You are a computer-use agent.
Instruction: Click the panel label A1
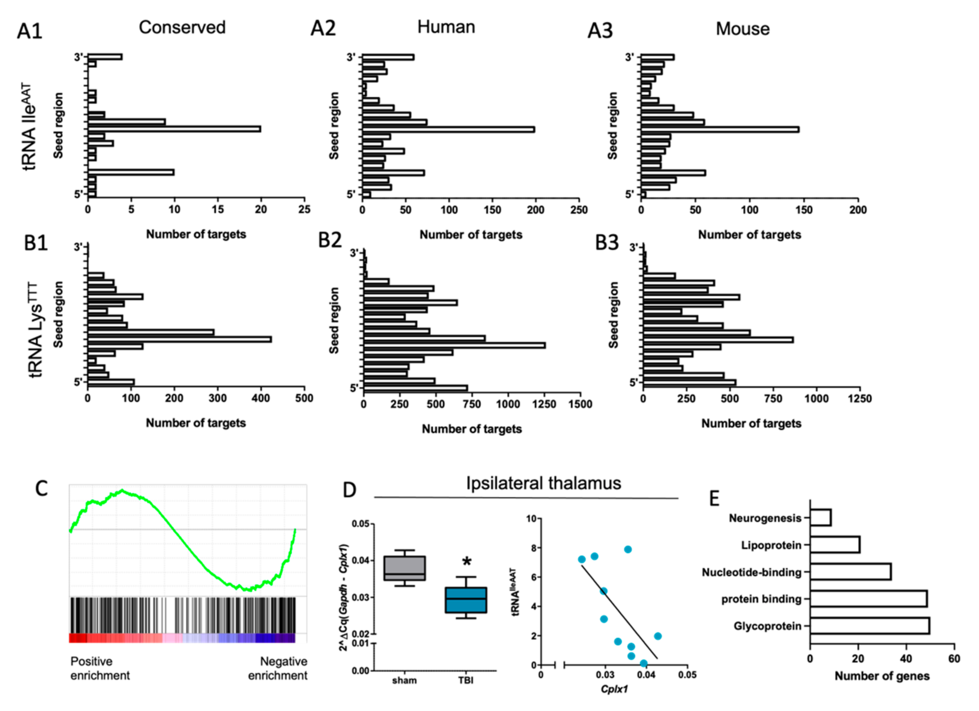(29, 31)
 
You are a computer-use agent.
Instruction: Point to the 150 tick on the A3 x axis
(803, 210)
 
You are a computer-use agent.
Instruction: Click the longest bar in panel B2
(454, 345)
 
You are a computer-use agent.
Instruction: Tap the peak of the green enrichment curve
(122, 490)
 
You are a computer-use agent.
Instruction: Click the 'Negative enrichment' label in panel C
(278, 668)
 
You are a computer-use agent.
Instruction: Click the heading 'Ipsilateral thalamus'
(544, 483)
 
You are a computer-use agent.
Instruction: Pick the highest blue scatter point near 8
(628, 549)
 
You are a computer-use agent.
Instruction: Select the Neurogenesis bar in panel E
(820, 518)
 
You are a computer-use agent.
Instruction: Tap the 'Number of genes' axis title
(882, 676)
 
